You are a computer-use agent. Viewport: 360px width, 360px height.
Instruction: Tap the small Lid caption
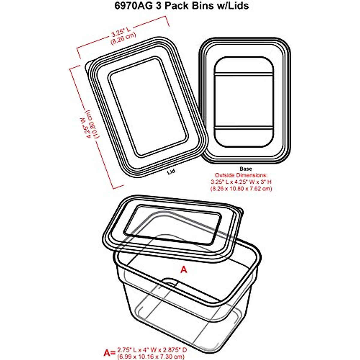pyautogui.click(x=171, y=171)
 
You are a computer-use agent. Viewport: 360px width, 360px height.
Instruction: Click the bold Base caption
pyautogui.click(x=246, y=169)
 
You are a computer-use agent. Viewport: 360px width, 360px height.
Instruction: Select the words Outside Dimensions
pyautogui.click(x=241, y=175)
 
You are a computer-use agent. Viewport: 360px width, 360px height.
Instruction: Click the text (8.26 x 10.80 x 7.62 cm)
pyautogui.click(x=241, y=189)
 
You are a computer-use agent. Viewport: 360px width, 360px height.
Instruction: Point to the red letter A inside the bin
pyautogui.click(x=184, y=270)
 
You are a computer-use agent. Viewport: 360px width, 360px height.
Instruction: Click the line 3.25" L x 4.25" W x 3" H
pyautogui.click(x=241, y=182)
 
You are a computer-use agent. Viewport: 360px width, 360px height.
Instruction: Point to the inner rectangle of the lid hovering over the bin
pyautogui.click(x=172, y=223)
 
